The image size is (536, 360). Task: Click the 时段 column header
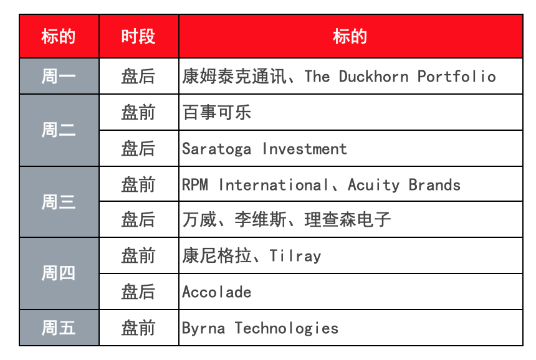tap(138, 36)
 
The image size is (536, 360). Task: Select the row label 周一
tap(59, 76)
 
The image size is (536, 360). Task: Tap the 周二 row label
tap(59, 130)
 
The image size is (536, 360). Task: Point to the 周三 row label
tap(59, 202)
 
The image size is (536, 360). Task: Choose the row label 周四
tap(59, 273)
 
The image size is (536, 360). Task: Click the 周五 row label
tap(59, 328)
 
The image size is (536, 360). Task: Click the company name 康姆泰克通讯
tap(234, 76)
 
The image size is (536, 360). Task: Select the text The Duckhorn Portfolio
tap(400, 76)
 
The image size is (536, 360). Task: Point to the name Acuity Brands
tap(404, 185)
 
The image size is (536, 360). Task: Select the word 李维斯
tap(261, 219)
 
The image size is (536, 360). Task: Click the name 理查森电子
tap(347, 219)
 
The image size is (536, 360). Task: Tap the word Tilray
tap(295, 256)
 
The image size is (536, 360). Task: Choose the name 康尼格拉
tap(217, 255)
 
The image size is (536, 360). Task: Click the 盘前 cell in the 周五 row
tap(138, 328)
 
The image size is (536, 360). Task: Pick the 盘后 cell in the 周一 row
tap(138, 76)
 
